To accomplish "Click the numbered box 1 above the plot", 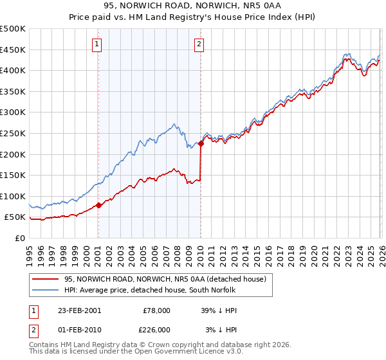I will (x=96, y=44).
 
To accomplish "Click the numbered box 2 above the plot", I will (x=199, y=44).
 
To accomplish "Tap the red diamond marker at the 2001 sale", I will (x=98, y=206).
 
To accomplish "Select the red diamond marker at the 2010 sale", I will (x=201, y=144).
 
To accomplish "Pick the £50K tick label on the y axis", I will (x=15, y=217).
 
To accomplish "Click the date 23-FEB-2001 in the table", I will (x=79, y=310).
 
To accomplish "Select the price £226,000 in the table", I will (x=156, y=330).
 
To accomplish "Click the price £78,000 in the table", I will (x=156, y=310).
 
